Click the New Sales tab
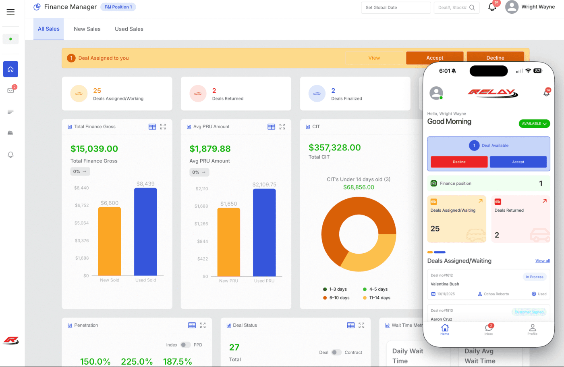[x=87, y=29]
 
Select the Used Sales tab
[x=129, y=29]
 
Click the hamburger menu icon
[x=10, y=12]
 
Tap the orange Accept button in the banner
[x=434, y=58]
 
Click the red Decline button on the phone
[x=459, y=162]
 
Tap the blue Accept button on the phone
[x=518, y=162]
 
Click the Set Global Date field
[x=396, y=8]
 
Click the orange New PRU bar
[x=228, y=242]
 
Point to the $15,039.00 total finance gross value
[x=94, y=149]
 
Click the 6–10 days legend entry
[x=336, y=298]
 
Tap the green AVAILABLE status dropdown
[x=534, y=123]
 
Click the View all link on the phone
[x=542, y=261]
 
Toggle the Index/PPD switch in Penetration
[x=185, y=345]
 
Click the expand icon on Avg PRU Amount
[x=282, y=127]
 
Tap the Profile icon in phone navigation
[x=532, y=329]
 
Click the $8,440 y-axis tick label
[x=81, y=188]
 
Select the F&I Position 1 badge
[x=118, y=7]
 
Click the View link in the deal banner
[x=374, y=58]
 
